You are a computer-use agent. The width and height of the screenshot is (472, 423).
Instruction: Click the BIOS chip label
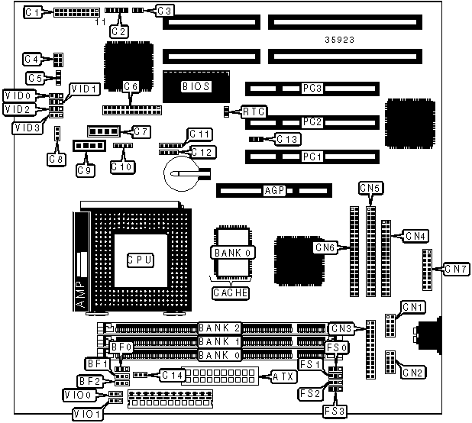pos(191,86)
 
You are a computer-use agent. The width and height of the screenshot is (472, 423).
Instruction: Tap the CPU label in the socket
pos(141,260)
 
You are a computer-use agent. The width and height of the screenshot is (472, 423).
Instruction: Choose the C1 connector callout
pos(33,11)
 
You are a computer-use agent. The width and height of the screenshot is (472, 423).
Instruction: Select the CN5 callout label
pos(370,189)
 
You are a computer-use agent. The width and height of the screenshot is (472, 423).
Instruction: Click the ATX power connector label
pos(280,376)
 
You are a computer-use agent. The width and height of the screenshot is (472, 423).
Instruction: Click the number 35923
pos(338,38)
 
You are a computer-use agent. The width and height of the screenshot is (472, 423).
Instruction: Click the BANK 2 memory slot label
pos(219,328)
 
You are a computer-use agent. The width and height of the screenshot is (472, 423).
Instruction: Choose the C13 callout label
pos(288,139)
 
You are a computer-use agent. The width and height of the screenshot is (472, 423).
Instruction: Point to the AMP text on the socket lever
pos(82,294)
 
